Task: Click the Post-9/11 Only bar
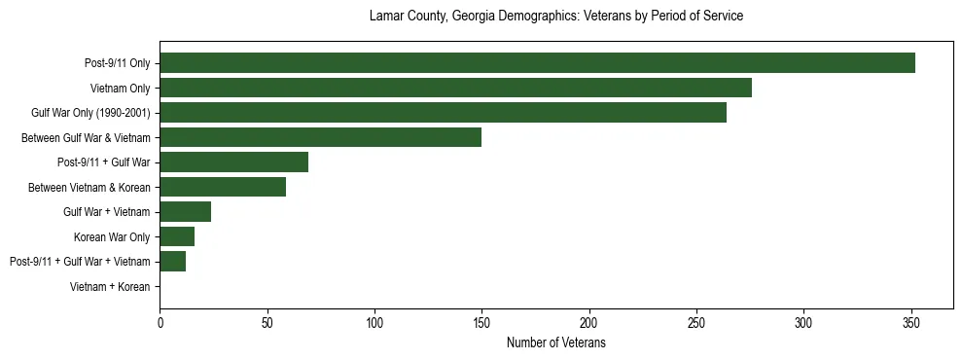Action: pyautogui.click(x=537, y=63)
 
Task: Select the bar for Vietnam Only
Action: pyautogui.click(x=455, y=89)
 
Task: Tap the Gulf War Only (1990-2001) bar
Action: pyautogui.click(x=443, y=113)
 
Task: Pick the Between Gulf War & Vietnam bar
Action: pyautogui.click(x=320, y=137)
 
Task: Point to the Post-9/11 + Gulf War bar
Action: pyautogui.click(x=233, y=162)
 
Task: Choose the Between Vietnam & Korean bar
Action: pyautogui.click(x=223, y=187)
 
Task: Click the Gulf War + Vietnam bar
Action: pyautogui.click(x=185, y=212)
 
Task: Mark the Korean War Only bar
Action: pyautogui.click(x=177, y=236)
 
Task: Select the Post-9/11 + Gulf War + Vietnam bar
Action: pyautogui.click(x=172, y=262)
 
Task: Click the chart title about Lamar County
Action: pyautogui.click(x=556, y=17)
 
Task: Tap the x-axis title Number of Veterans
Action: pyautogui.click(x=556, y=342)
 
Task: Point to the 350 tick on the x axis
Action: pyautogui.click(x=910, y=322)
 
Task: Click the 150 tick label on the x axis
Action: pyautogui.click(x=481, y=322)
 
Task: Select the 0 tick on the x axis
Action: pyautogui.click(x=160, y=322)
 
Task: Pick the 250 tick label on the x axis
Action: pyautogui.click(x=695, y=322)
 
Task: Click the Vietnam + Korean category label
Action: pyautogui.click(x=110, y=287)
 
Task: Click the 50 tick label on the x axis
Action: pyautogui.click(x=267, y=322)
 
